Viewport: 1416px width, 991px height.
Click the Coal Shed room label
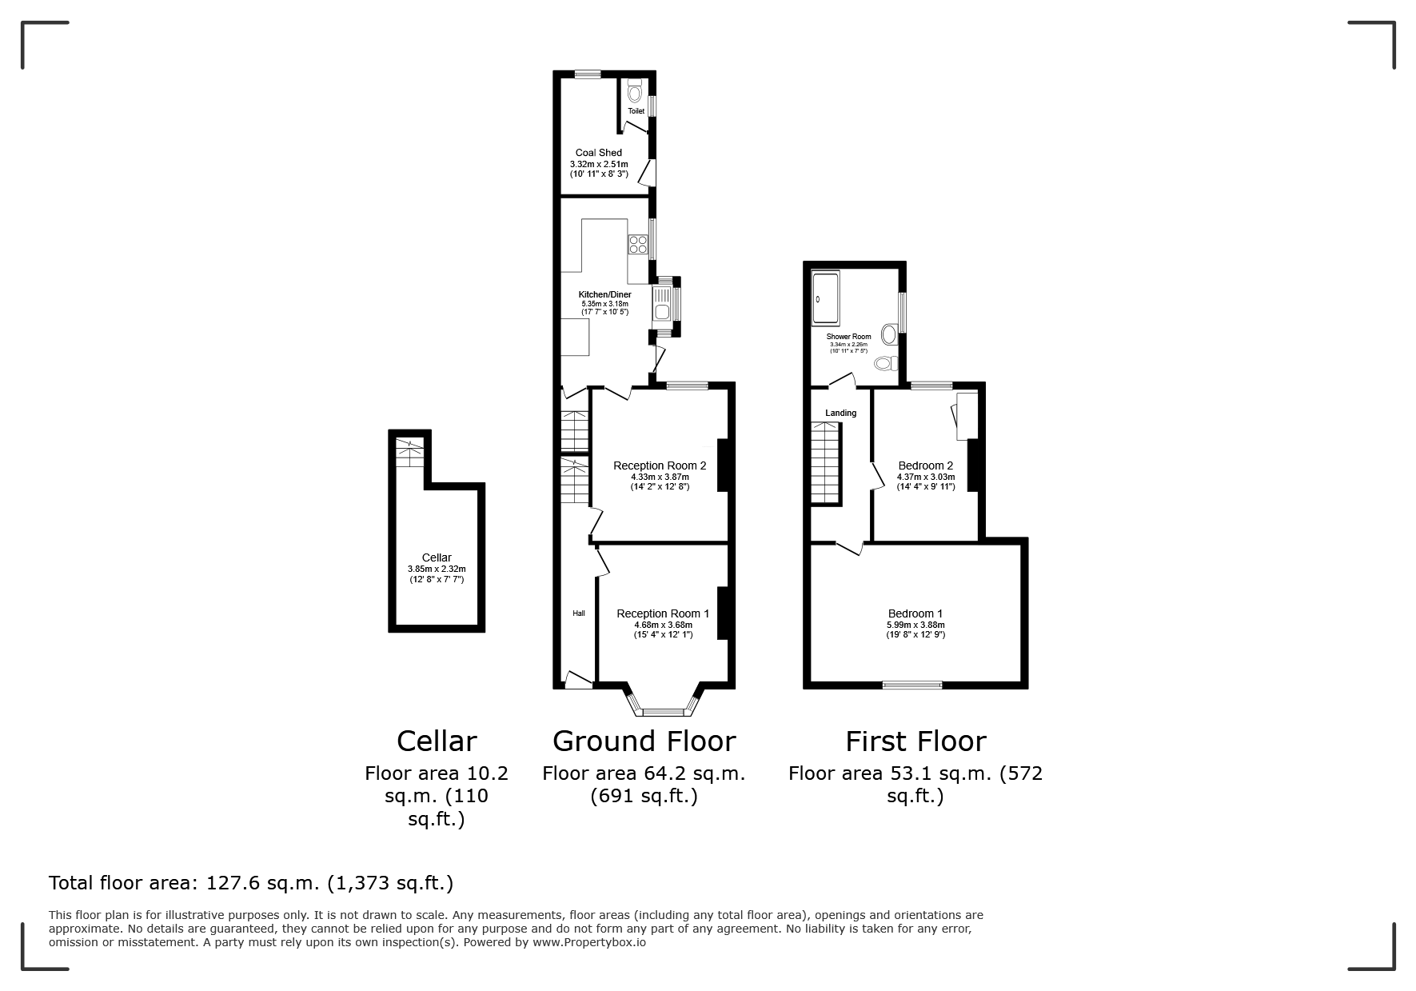tap(598, 153)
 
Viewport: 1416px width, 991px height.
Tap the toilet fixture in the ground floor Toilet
tap(635, 91)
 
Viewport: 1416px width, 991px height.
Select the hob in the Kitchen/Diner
tap(638, 244)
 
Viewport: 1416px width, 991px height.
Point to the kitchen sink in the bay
tap(662, 304)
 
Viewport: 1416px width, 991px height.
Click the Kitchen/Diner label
tap(604, 294)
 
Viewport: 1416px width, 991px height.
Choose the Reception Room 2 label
tap(660, 466)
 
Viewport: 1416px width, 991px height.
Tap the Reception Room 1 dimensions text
tap(664, 629)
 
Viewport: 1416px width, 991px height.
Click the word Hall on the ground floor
tap(579, 613)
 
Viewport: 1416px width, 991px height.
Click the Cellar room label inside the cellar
tap(437, 557)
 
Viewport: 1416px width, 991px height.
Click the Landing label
tap(840, 414)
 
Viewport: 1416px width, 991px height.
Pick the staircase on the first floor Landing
tap(827, 463)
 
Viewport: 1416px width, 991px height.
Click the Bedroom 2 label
tap(925, 466)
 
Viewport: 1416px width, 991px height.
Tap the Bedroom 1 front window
tap(912, 685)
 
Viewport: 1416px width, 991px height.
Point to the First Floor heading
tap(915, 741)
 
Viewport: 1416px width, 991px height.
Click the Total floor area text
tap(251, 883)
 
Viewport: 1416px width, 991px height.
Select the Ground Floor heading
tap(644, 741)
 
